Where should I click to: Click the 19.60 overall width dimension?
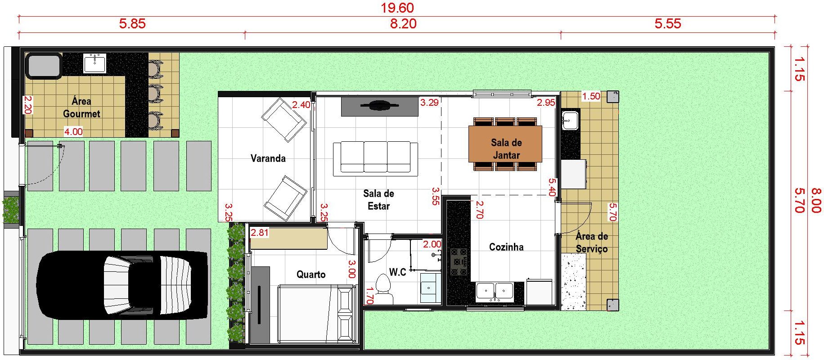397,8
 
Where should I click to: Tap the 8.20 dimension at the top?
403,23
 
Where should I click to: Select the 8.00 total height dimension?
816,201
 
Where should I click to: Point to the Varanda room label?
268,158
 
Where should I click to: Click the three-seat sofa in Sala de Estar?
372,157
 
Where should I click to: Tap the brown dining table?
505,144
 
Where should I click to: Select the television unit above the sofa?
379,107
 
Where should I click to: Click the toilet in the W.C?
384,290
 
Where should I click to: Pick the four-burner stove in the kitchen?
459,261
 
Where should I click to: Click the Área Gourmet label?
81,107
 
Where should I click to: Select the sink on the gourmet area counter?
95,63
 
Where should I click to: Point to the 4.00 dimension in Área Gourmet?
73,132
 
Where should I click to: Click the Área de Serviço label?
592,243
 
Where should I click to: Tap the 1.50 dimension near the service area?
591,96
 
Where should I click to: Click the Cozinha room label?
506,247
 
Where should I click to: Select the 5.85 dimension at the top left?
132,23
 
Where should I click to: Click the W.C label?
397,272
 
